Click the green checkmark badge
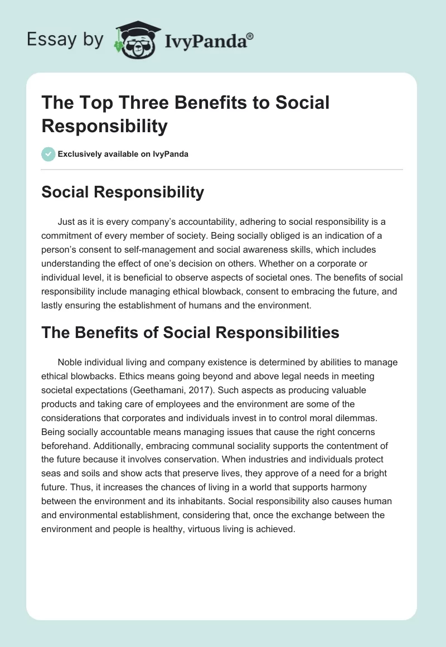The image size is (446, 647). [x=49, y=154]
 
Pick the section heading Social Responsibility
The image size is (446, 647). [x=123, y=192]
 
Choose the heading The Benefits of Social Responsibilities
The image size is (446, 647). [x=190, y=332]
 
